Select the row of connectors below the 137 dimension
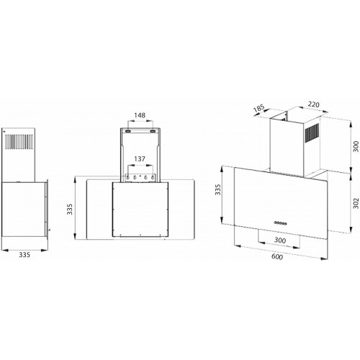coord(140,176)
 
